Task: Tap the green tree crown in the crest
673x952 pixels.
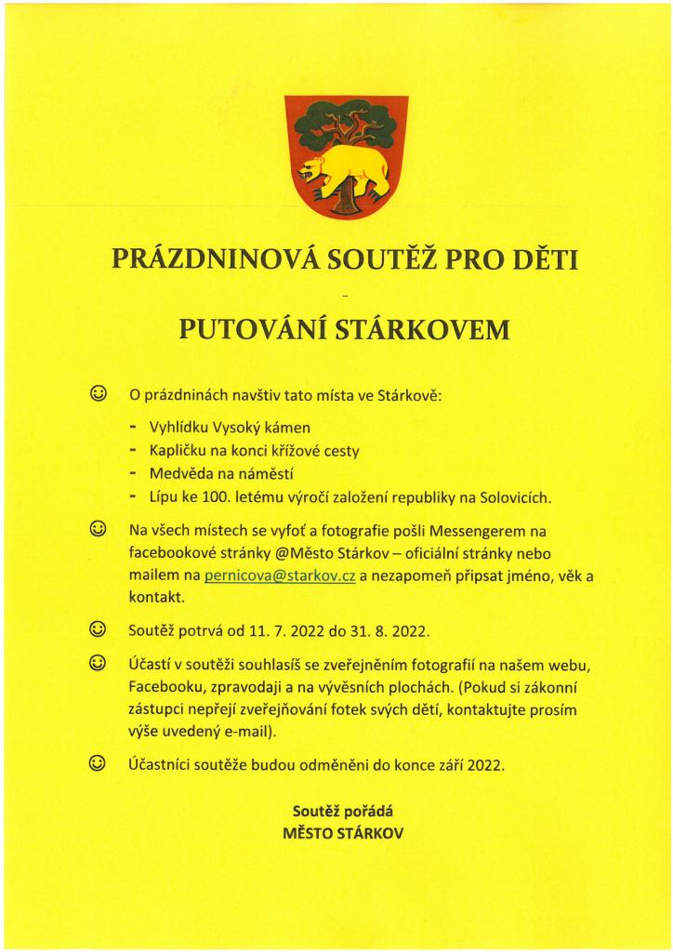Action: click(x=345, y=121)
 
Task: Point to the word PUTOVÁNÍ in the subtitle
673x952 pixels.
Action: click(x=243, y=329)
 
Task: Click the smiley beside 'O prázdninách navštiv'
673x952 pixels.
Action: click(x=97, y=393)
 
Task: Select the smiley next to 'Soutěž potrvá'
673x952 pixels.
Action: click(x=97, y=630)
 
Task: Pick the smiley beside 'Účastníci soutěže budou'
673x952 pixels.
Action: click(x=97, y=764)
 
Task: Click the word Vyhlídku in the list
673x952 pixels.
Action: click(x=177, y=428)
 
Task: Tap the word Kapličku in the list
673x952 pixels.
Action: click(x=177, y=451)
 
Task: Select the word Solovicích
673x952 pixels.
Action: click(x=515, y=497)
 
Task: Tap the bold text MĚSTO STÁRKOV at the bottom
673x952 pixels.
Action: click(x=343, y=833)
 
